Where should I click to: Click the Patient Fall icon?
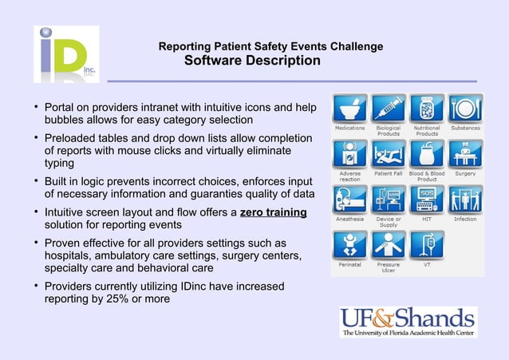point(389,153)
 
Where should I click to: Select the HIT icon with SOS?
point(427,198)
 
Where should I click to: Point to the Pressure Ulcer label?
point(389,267)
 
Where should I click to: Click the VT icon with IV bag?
point(427,243)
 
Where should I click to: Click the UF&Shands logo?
point(407,321)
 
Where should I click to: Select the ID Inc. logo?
point(66,53)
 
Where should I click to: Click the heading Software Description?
point(252,61)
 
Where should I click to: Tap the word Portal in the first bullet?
point(61,107)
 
